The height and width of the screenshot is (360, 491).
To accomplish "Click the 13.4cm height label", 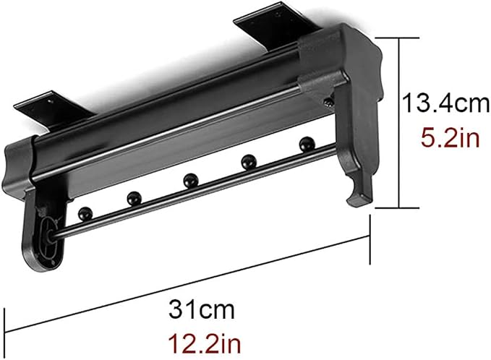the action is [x=446, y=103].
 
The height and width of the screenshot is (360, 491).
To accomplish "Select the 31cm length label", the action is [x=201, y=310].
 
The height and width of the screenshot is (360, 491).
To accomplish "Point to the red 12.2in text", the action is [x=205, y=343].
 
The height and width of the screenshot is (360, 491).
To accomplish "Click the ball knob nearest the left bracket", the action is [x=85, y=214].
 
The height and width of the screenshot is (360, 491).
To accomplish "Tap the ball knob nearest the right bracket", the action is [x=307, y=144].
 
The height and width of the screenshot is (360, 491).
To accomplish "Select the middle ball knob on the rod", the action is [x=190, y=180].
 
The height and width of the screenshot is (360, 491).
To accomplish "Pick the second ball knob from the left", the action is [x=135, y=198].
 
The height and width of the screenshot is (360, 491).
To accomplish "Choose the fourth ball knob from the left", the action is [x=249, y=162].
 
